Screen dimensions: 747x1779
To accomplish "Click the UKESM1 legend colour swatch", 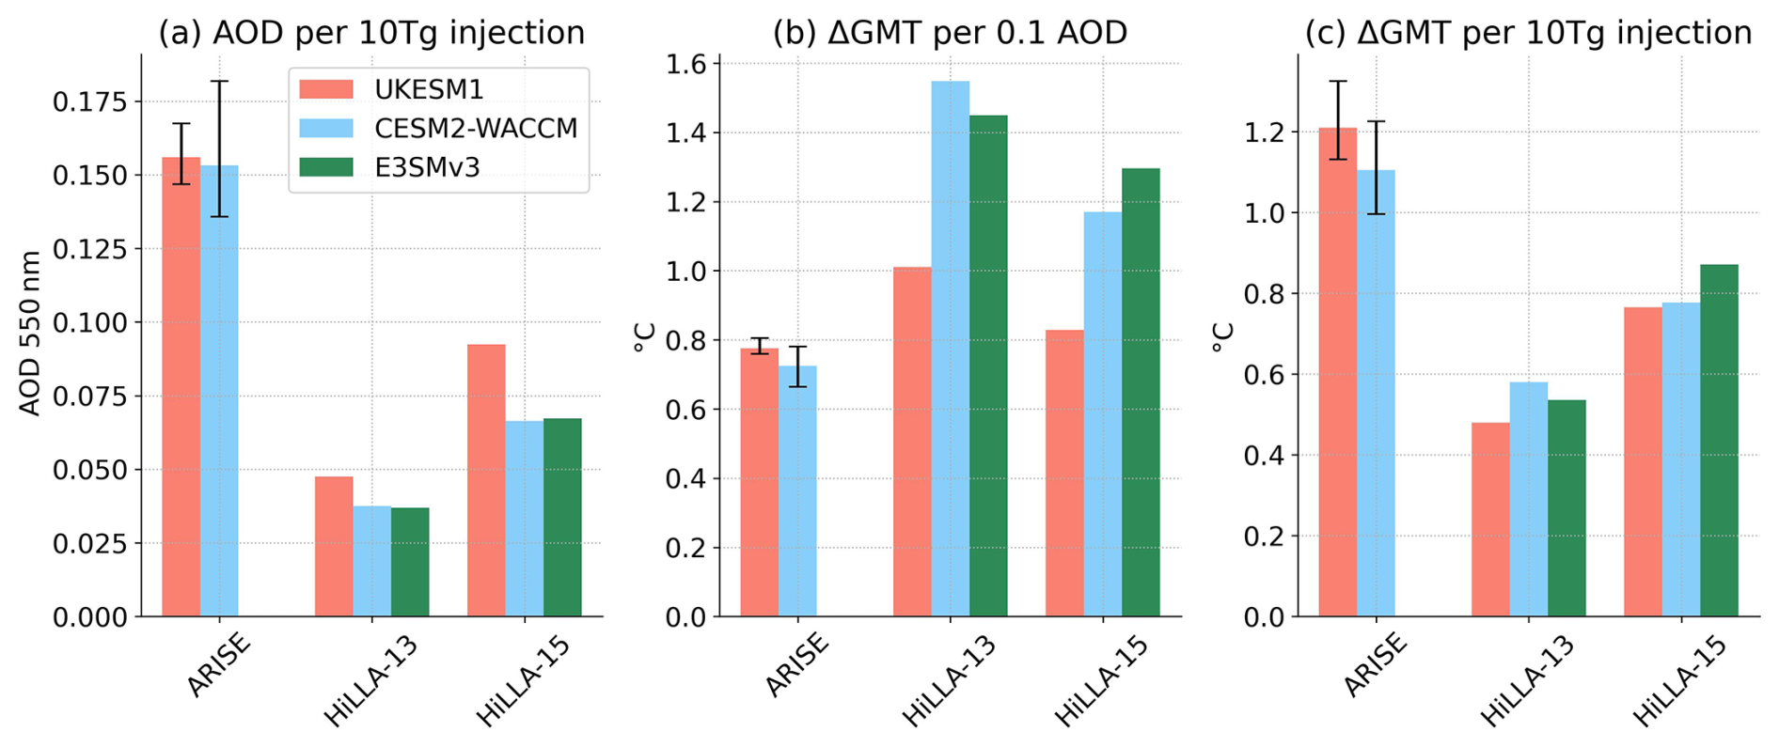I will [x=325, y=89].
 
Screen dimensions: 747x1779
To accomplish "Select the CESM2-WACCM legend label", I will [x=476, y=129].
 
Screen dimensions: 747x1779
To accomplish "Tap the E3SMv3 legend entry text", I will [x=427, y=167].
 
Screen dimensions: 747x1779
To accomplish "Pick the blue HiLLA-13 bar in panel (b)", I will [x=950, y=349].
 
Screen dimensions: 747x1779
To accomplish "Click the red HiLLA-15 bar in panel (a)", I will [x=486, y=480].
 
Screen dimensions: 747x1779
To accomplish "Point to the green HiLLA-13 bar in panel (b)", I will [x=988, y=366].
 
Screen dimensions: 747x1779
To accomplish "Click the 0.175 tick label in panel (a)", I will [x=89, y=101].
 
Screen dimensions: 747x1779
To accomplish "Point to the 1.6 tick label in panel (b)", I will [x=686, y=64].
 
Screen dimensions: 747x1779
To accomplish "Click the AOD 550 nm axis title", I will [x=30, y=334].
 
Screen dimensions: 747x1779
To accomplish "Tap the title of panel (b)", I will [x=950, y=33].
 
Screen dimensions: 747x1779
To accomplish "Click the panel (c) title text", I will [x=1528, y=33].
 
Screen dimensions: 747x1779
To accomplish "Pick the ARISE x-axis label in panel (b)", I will [x=796, y=665].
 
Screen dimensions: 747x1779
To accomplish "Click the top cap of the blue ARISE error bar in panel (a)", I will [x=219, y=82].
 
